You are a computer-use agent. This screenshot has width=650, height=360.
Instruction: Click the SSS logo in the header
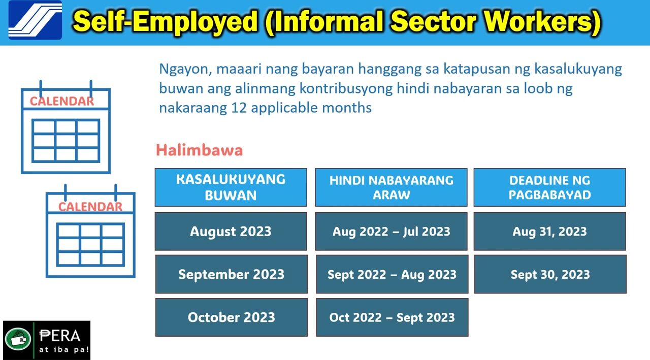pos(35,20)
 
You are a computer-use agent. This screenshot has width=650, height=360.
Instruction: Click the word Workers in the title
pos(539,21)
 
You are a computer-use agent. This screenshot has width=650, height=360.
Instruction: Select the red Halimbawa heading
pos(200,150)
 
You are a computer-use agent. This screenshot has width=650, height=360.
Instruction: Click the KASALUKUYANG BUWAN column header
pos(231,187)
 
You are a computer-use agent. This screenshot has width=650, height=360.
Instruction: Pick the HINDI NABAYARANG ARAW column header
pos(391,187)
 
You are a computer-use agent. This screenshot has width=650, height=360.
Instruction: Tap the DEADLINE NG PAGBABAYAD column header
pos(549,187)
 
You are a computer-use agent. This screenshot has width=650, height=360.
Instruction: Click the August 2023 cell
pos(231,231)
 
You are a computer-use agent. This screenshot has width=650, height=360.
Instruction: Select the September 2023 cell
pos(231,274)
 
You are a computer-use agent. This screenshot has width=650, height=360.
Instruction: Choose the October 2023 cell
pos(231,317)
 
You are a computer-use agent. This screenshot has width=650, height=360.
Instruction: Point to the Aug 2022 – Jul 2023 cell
pos(391,231)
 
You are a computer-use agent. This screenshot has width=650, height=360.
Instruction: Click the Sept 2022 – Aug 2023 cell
pos(392,274)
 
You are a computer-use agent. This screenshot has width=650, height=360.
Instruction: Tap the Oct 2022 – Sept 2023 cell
pos(392,317)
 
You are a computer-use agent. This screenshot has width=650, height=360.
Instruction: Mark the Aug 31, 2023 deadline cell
pos(549,231)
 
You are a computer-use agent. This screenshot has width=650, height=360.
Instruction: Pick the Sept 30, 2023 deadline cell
pos(550,274)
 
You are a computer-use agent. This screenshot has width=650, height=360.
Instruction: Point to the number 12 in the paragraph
pos(239,108)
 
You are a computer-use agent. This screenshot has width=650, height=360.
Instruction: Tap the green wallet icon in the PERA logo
pos(18,339)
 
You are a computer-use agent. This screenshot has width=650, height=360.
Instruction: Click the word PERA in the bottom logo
pos(60,336)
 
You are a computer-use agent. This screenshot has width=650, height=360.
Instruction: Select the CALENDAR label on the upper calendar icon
pos(62,101)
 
